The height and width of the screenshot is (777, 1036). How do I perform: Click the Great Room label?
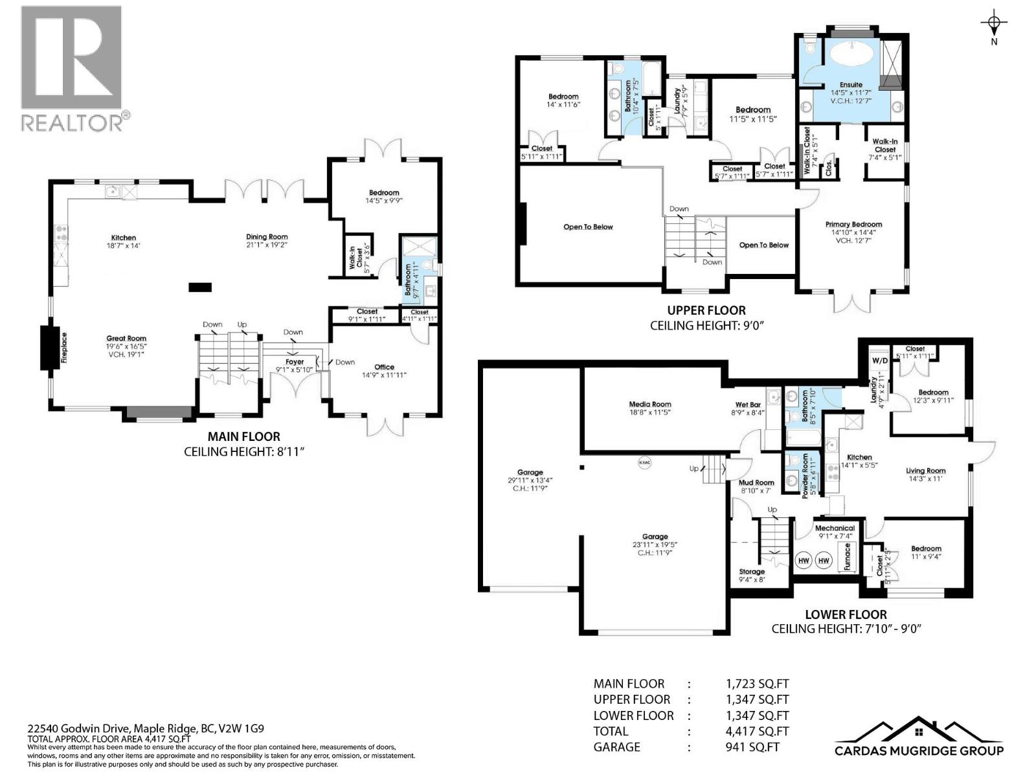(126, 338)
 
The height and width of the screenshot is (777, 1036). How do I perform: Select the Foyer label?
(295, 362)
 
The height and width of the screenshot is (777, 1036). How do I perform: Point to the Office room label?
(384, 367)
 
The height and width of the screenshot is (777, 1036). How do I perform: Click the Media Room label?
(650, 404)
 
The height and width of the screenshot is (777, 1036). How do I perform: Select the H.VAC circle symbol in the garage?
(644, 463)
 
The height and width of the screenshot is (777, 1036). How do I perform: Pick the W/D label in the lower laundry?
(879, 361)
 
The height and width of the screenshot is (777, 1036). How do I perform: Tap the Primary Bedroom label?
(853, 224)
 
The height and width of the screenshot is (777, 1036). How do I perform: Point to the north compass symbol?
(994, 25)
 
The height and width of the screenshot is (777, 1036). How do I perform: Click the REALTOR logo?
(71, 67)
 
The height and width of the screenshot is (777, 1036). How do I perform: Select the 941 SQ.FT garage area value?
(752, 747)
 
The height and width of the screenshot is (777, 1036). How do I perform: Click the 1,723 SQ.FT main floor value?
(757, 684)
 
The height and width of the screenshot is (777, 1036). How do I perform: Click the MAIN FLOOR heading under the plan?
(243, 436)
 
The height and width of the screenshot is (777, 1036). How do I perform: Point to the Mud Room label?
(756, 482)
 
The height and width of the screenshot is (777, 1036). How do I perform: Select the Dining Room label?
(267, 237)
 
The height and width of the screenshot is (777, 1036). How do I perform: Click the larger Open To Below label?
(588, 227)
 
